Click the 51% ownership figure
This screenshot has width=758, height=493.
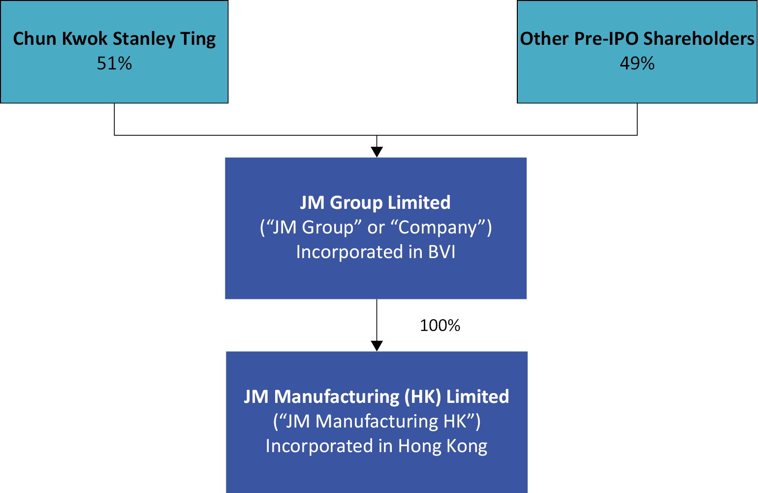pos(114,64)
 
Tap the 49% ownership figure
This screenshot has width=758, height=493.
pos(637,64)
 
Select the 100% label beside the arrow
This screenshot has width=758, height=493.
pos(440,326)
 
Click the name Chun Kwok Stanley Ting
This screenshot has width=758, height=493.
pos(114,39)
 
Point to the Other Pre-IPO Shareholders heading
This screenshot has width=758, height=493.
pos(637,39)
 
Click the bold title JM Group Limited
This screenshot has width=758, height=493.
pos(375,202)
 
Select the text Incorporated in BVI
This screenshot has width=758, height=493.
pos(376,252)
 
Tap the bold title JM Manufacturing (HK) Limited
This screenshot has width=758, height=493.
pos(376,396)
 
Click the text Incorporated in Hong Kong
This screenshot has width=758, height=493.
pos(376,446)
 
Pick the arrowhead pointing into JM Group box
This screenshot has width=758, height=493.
pos(377,152)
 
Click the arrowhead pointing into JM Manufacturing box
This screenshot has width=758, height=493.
pos(377,346)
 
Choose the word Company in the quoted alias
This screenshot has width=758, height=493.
pos(438,228)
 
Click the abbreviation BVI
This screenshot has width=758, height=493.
pos(442,252)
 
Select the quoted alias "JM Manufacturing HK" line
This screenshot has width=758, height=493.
pos(377,422)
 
